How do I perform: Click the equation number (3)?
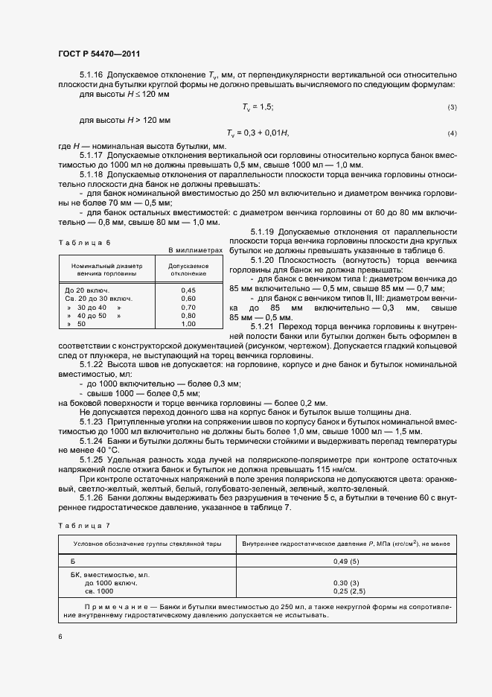click(451, 108)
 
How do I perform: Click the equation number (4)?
click(451, 133)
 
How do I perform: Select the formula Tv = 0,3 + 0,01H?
click(265, 133)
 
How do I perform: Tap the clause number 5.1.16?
click(92, 75)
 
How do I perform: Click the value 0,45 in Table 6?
click(188, 290)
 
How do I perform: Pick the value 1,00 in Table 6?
click(188, 324)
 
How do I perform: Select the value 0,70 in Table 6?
click(188, 307)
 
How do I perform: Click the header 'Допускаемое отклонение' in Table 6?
click(188, 268)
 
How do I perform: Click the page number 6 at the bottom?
click(60, 636)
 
